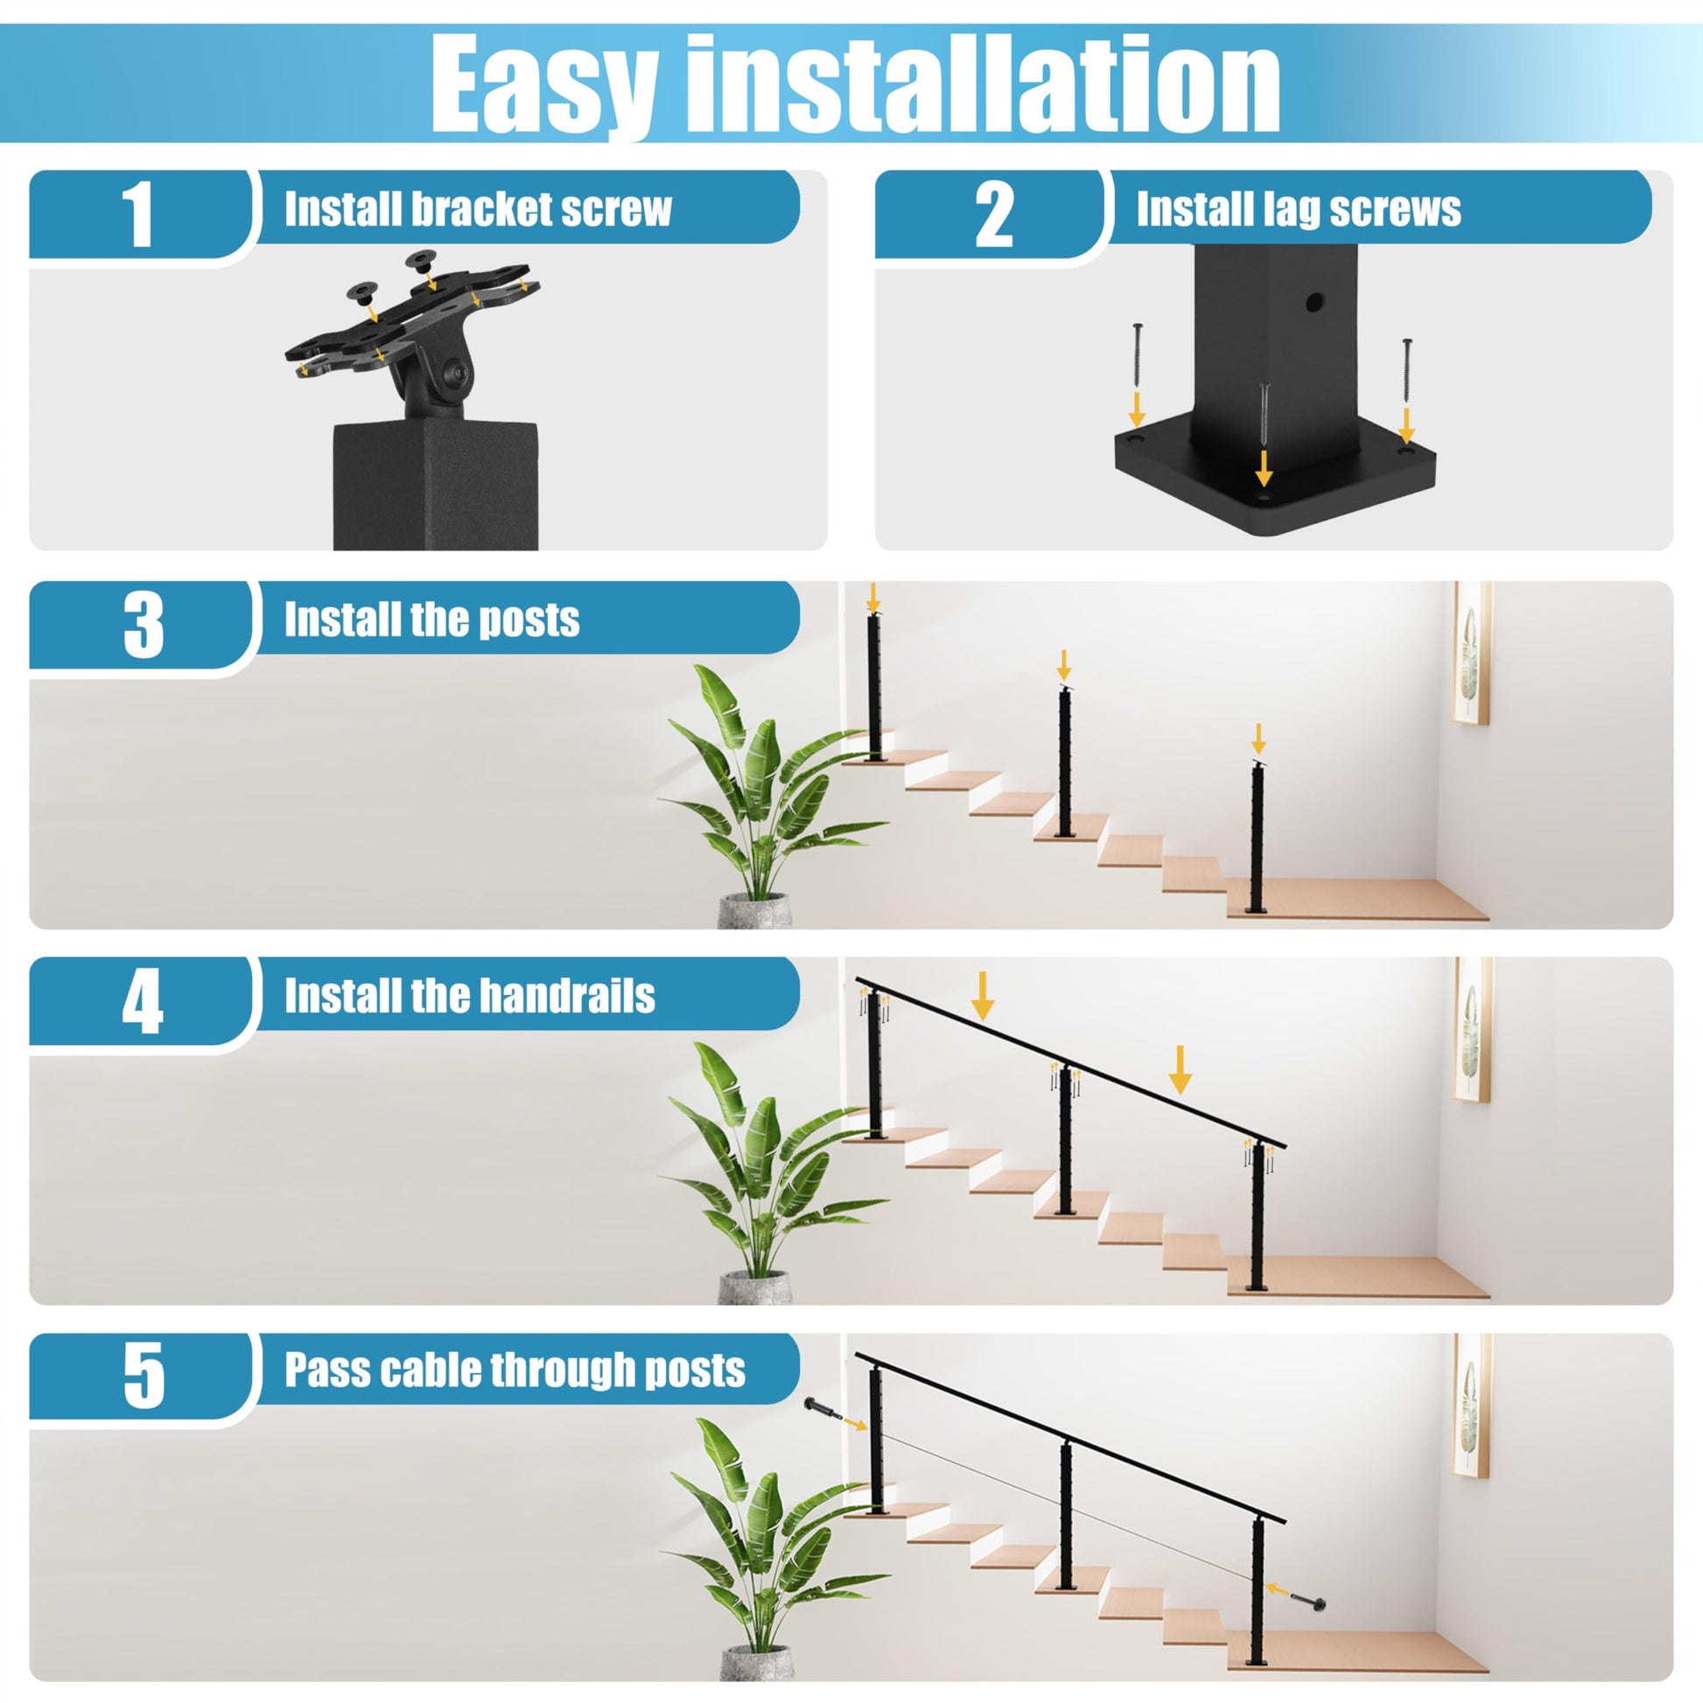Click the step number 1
(139, 214)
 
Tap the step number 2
(994, 214)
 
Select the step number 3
(144, 625)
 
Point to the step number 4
(143, 1002)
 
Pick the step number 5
(144, 1376)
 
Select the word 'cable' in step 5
(429, 1370)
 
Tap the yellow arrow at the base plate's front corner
(1264, 467)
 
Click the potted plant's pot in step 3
(754, 910)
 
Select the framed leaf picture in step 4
(1471, 1028)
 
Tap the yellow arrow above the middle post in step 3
(1064, 664)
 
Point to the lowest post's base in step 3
(1256, 911)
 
